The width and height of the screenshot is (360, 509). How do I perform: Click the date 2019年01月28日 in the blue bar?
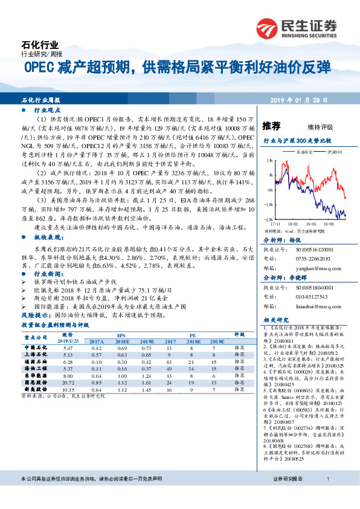pos(306,100)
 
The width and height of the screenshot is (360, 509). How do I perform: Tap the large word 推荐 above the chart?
pos(272,126)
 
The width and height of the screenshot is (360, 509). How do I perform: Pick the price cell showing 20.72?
pos(68,383)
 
